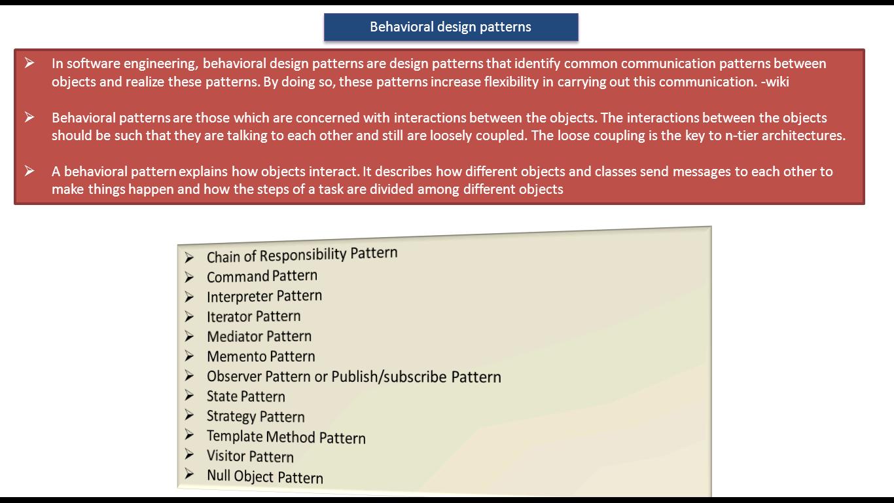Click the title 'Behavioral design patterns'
(450, 27)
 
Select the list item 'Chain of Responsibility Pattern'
(302, 255)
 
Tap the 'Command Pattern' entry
(262, 276)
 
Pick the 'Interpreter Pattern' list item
(264, 296)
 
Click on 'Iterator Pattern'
(253, 316)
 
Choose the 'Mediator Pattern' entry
(259, 336)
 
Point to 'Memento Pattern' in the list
(260, 356)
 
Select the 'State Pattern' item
(245, 396)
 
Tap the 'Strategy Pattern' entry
(255, 417)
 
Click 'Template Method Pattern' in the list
(286, 437)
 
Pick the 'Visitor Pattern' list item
(250, 456)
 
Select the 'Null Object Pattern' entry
(264, 477)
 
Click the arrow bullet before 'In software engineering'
(29, 63)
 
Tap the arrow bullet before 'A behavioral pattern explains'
(29, 171)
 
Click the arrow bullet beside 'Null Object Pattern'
(189, 474)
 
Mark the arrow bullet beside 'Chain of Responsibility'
(189, 258)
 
